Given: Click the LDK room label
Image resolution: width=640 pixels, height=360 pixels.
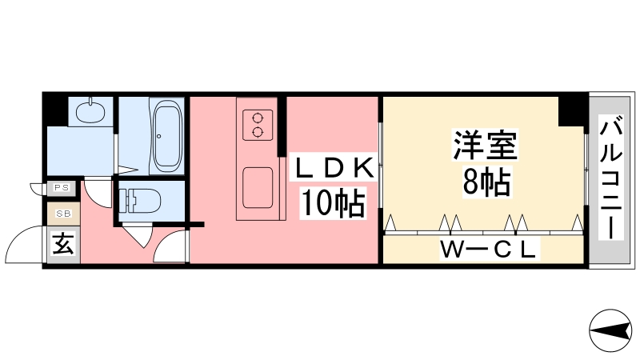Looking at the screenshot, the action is [334, 168].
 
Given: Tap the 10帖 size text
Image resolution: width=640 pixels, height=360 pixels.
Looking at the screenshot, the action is [333, 202].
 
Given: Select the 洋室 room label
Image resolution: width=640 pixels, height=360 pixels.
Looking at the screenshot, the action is [486, 145].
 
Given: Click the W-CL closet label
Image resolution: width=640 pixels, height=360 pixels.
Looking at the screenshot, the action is [488, 249].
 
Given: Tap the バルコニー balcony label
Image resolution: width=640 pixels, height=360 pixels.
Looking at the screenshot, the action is [611, 177].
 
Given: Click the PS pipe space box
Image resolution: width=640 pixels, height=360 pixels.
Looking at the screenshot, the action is [62, 188].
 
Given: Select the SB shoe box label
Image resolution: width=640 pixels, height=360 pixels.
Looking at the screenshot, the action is [63, 214].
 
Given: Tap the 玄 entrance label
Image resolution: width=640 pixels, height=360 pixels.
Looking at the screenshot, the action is [64, 245].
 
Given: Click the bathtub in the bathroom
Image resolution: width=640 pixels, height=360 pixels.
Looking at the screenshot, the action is [167, 137].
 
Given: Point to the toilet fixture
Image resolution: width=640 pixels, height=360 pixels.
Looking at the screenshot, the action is [139, 201].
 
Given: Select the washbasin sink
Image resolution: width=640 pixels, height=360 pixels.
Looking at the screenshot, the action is [90, 111].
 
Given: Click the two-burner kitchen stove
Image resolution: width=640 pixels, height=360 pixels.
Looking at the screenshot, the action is [258, 125].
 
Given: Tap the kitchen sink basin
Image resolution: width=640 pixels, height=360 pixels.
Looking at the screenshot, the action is [258, 188].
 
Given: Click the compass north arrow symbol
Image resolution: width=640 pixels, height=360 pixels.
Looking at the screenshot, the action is [610, 330].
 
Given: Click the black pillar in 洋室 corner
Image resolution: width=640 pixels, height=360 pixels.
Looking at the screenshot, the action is [571, 111].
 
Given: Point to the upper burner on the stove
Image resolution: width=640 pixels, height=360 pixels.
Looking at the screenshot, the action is [258, 118].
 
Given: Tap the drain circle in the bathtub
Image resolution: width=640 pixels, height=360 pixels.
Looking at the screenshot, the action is [159, 136].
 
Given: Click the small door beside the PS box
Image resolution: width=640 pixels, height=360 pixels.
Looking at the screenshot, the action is [38, 189].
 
